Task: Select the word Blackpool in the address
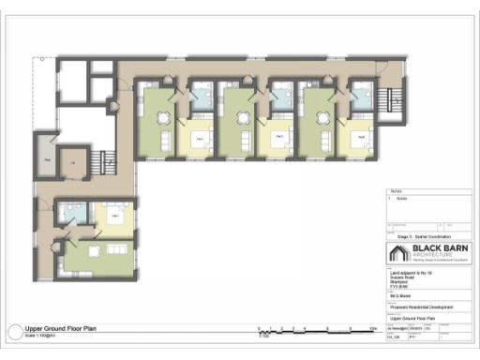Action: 398,281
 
